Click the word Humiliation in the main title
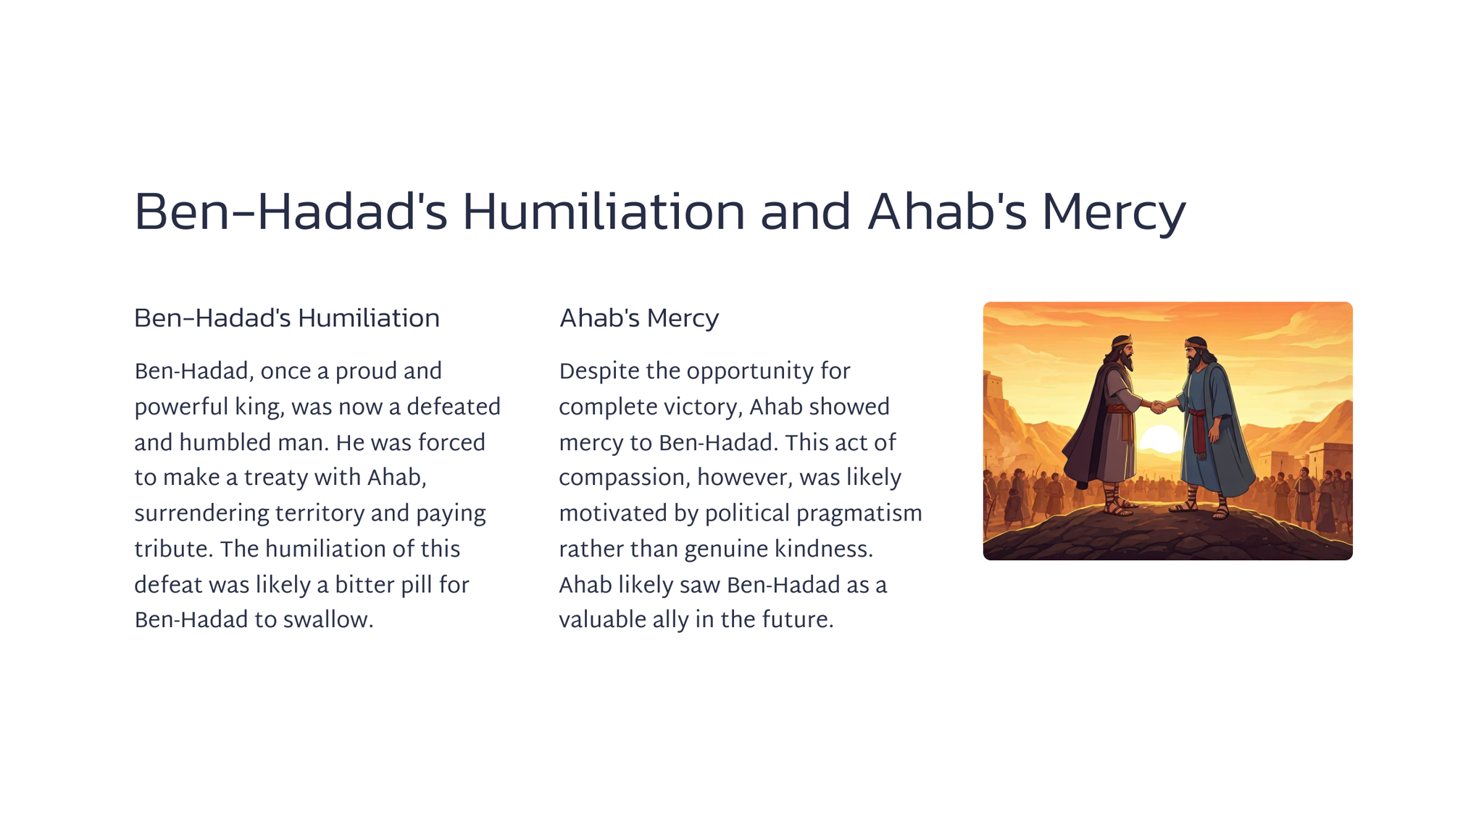click(x=604, y=212)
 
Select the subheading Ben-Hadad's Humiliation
click(x=287, y=318)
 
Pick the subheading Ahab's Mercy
click(x=638, y=318)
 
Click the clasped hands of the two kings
click(x=1159, y=407)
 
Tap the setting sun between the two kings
click(x=1162, y=439)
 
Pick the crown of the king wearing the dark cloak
click(x=1122, y=340)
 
